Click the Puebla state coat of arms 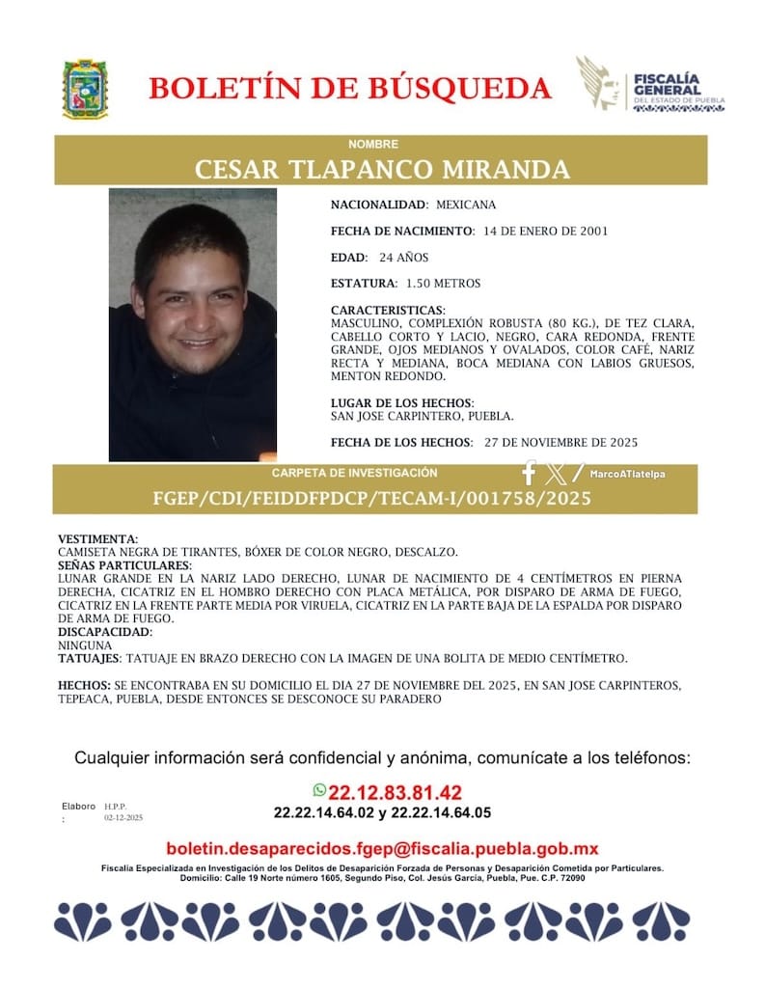[x=85, y=89]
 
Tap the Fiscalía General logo [x=649, y=86]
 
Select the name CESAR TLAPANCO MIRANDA [x=382, y=170]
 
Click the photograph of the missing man [x=192, y=324]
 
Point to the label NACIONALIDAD [x=378, y=206]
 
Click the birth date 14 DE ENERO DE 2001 [x=545, y=232]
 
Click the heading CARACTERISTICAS [x=388, y=310]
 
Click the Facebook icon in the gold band [x=528, y=474]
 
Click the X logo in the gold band [x=556, y=474]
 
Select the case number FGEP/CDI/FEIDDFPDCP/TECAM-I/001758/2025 [x=372, y=499]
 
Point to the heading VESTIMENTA [x=97, y=538]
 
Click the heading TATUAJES [x=90, y=657]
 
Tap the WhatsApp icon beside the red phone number [x=320, y=790]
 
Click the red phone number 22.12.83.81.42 [x=396, y=792]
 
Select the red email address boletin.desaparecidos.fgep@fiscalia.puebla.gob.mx [x=382, y=848]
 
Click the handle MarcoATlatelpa [x=628, y=474]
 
